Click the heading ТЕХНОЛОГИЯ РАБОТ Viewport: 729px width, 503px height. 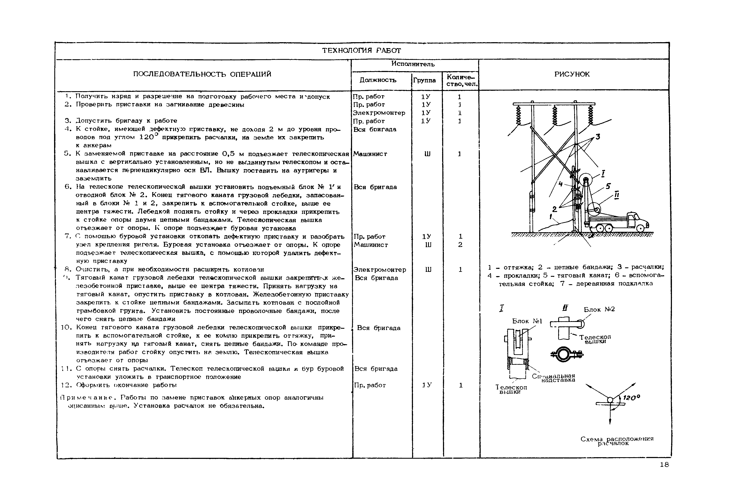coord(361,50)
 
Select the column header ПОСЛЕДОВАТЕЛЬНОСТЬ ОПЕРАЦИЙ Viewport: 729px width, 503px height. coord(202,74)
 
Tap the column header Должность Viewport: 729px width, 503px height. coord(378,80)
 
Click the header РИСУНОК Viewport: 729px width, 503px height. coord(572,74)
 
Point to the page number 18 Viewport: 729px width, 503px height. coord(664,465)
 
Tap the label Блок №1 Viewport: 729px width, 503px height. coord(527,321)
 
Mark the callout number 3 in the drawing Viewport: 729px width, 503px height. coord(597,137)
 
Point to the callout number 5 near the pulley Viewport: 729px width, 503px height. coord(608,186)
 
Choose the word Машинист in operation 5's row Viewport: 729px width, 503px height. coord(370,154)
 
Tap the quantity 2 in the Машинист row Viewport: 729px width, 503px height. coord(460,245)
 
